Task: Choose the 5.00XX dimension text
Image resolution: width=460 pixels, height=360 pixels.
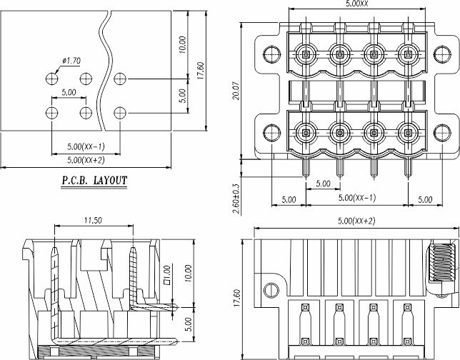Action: point(356,4)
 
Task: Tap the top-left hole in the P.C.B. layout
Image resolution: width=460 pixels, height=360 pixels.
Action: point(51,78)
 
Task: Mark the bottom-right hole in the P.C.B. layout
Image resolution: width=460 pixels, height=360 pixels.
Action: point(120,112)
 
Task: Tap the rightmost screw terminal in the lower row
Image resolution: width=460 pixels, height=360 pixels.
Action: point(409,133)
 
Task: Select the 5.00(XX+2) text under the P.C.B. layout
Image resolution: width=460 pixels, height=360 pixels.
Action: point(85,160)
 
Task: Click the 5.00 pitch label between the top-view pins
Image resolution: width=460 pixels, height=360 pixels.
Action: point(323,184)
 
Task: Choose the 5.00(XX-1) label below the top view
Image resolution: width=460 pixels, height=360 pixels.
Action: point(356,198)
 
